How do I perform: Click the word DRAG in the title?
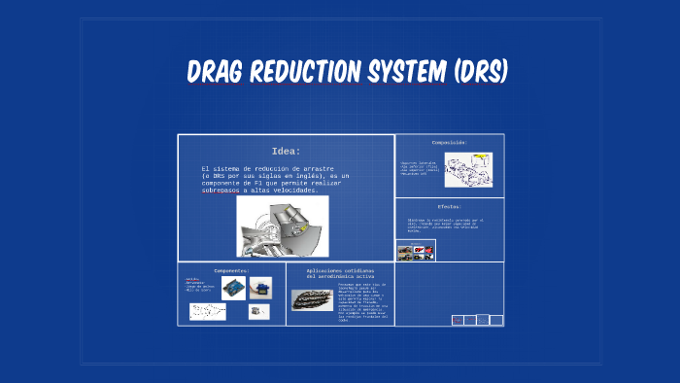217,73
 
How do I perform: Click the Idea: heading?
286,151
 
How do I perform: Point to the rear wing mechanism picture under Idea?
283,226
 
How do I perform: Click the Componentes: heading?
231,270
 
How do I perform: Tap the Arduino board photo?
233,288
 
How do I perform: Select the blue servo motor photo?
260,287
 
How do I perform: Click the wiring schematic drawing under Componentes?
207,311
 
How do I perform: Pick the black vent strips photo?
311,298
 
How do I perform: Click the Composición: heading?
450,142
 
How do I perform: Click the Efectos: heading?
449,206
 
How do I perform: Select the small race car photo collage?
416,251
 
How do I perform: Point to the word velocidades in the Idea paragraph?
296,191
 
